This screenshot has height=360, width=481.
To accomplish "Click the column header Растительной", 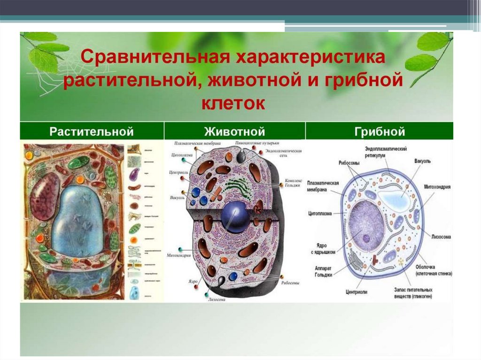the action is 92,131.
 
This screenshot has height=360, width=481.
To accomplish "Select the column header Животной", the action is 234,131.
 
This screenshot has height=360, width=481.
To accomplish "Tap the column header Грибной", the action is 380,131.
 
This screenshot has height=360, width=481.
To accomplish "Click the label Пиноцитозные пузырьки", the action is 257,143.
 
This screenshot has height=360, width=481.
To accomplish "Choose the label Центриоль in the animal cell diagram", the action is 179,173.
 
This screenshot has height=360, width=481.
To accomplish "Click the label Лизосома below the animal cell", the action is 217,299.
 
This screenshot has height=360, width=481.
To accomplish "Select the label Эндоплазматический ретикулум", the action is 386,152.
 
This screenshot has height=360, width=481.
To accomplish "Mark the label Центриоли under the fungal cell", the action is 357,291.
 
